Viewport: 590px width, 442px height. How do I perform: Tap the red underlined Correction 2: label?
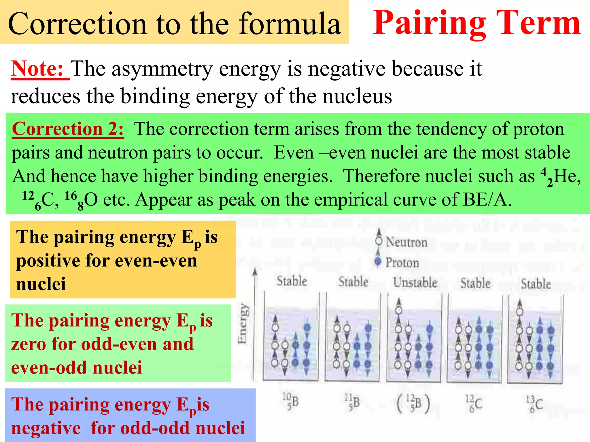pyautogui.click(x=68, y=129)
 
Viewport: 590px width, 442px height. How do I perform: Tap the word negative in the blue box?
pyautogui.click(x=46, y=428)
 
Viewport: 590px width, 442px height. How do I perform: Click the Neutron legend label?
pyautogui.click(x=406, y=242)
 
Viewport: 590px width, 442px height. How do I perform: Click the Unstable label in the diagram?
pyautogui.click(x=415, y=283)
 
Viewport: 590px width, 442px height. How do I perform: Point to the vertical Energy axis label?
pyautogui.click(x=243, y=324)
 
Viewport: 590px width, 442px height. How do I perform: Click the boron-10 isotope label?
pyautogui.click(x=290, y=401)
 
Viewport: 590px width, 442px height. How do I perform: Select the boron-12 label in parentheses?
pyautogui.click(x=413, y=403)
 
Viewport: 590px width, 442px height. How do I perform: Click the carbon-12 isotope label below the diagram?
pyautogui.click(x=474, y=404)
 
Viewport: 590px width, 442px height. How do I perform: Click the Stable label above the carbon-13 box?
pyautogui.click(x=536, y=284)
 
